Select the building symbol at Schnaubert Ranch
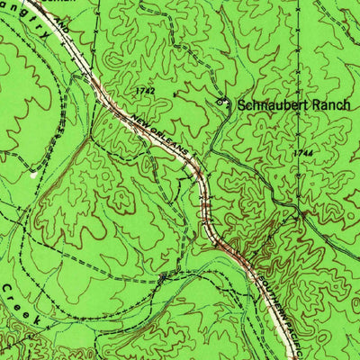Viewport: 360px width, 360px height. pos(220,103)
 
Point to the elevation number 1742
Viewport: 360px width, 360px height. pos(145,91)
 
